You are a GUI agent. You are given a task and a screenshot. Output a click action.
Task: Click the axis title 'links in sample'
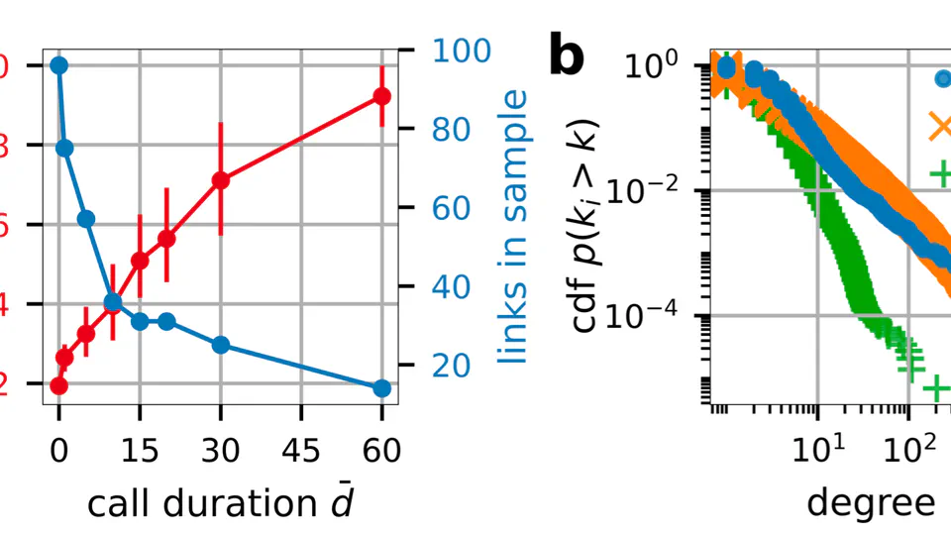[513, 226]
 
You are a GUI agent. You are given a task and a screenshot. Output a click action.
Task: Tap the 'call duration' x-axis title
[220, 504]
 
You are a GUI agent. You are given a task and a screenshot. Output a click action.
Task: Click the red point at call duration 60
[381, 96]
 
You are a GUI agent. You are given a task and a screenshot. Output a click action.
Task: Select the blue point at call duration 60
[381, 387]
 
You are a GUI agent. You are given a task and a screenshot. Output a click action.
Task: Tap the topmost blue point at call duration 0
[58, 65]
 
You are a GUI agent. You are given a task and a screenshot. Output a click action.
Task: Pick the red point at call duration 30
[221, 180]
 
